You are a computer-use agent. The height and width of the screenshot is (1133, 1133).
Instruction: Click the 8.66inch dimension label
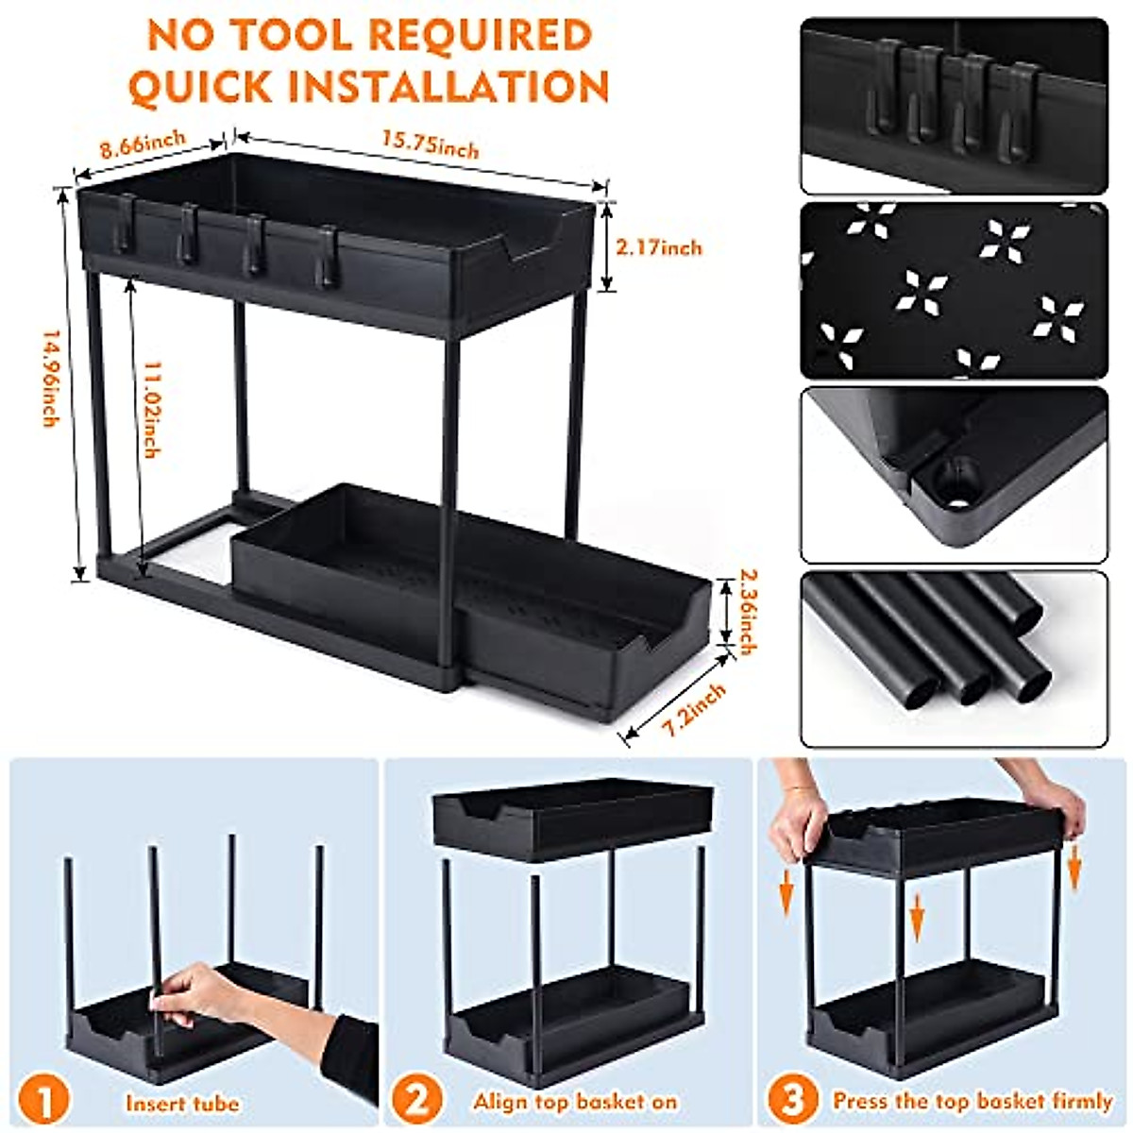point(144,144)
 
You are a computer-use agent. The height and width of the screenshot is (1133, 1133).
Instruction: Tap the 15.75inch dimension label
point(430,143)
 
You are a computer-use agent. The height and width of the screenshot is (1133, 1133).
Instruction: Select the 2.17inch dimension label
point(659,247)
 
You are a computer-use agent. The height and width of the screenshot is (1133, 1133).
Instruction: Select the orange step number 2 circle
point(417,1101)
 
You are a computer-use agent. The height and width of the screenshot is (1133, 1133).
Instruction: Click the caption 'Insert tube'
point(182,1103)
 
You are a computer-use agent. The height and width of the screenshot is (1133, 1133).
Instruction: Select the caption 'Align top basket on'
point(575,1102)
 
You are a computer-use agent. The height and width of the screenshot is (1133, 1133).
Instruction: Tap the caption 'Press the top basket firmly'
point(972,1101)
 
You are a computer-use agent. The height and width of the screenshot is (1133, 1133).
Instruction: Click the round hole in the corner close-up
point(957,478)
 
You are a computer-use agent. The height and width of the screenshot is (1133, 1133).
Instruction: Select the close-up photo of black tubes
point(954,657)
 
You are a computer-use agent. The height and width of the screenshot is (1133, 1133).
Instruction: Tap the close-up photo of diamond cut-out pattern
point(954,289)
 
